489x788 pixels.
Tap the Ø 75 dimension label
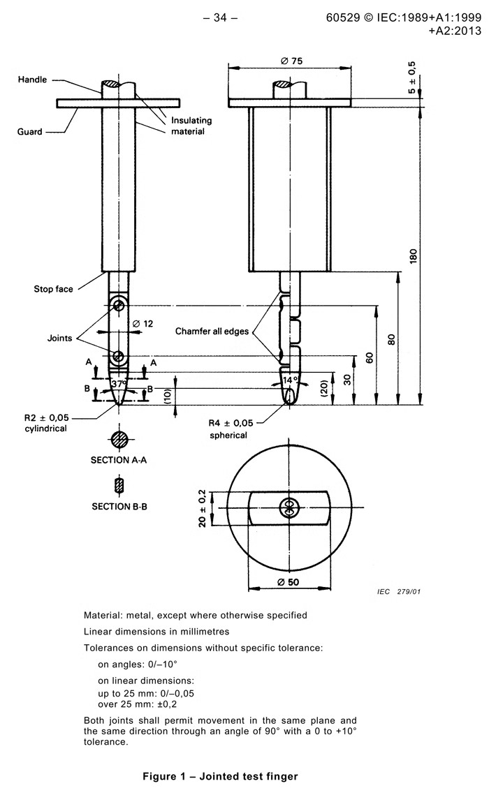(x=291, y=61)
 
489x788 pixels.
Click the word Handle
(x=32, y=80)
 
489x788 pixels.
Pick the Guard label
(x=30, y=131)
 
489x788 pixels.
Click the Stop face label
(x=53, y=289)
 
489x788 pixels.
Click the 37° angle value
(x=119, y=384)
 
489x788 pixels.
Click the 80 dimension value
(x=392, y=339)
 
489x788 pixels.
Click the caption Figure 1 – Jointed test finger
(x=220, y=776)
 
